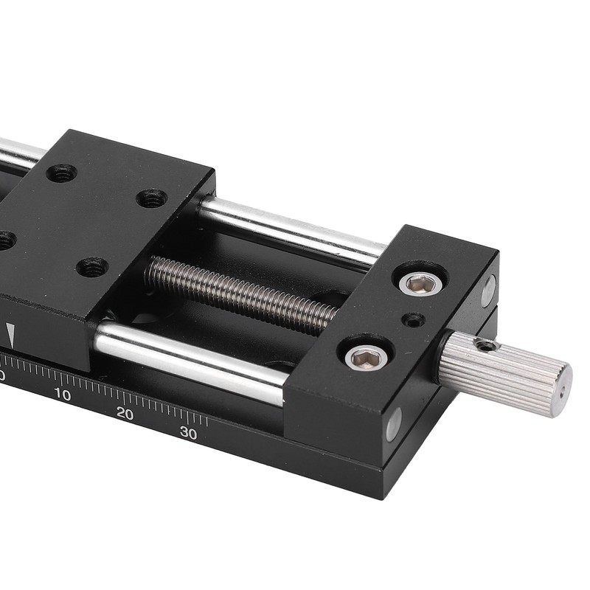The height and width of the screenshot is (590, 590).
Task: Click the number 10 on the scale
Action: point(63,395)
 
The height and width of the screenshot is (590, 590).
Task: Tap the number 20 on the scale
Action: point(125,414)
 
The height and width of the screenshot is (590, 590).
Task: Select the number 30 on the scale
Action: point(188,433)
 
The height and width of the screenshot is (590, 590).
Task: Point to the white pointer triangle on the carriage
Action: point(10,335)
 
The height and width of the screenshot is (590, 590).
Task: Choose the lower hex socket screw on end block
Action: point(367,358)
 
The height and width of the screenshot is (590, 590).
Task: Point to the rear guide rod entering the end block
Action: point(295,232)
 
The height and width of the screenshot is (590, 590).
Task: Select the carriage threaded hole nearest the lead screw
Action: point(93,267)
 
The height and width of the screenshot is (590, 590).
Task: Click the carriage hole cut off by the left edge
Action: point(4,240)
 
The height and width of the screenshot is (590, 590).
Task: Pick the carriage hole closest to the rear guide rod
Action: point(152,198)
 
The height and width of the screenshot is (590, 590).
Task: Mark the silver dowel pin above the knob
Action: point(487,290)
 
